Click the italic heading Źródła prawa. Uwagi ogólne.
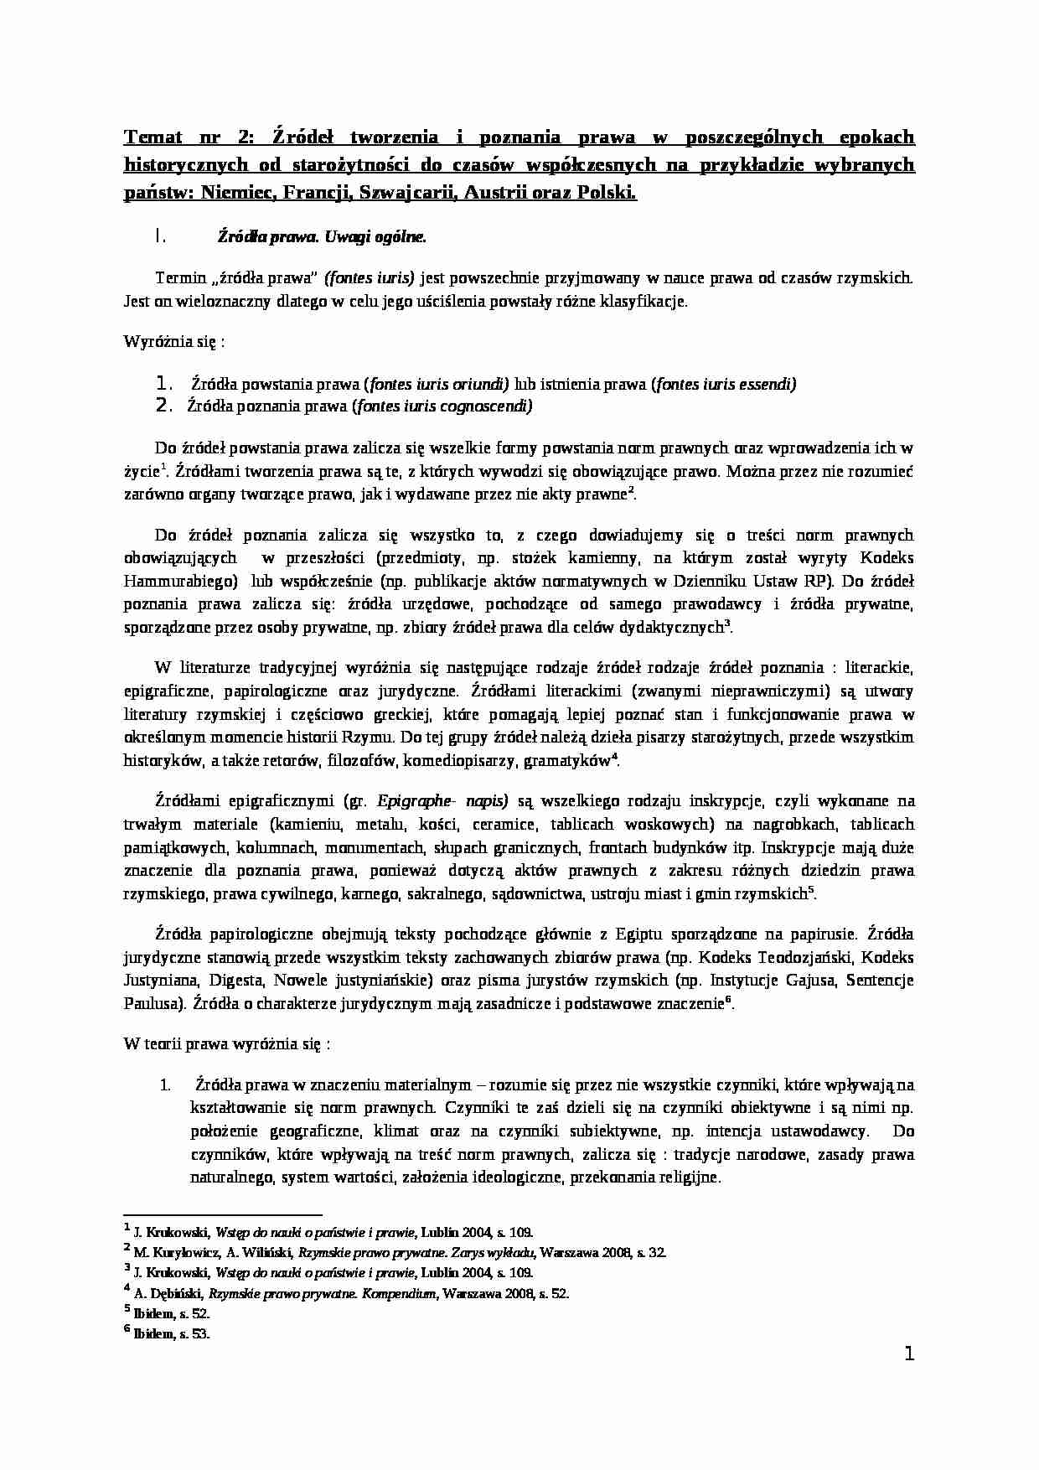(322, 237)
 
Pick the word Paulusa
(152, 1004)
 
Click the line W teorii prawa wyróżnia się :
(226, 1044)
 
